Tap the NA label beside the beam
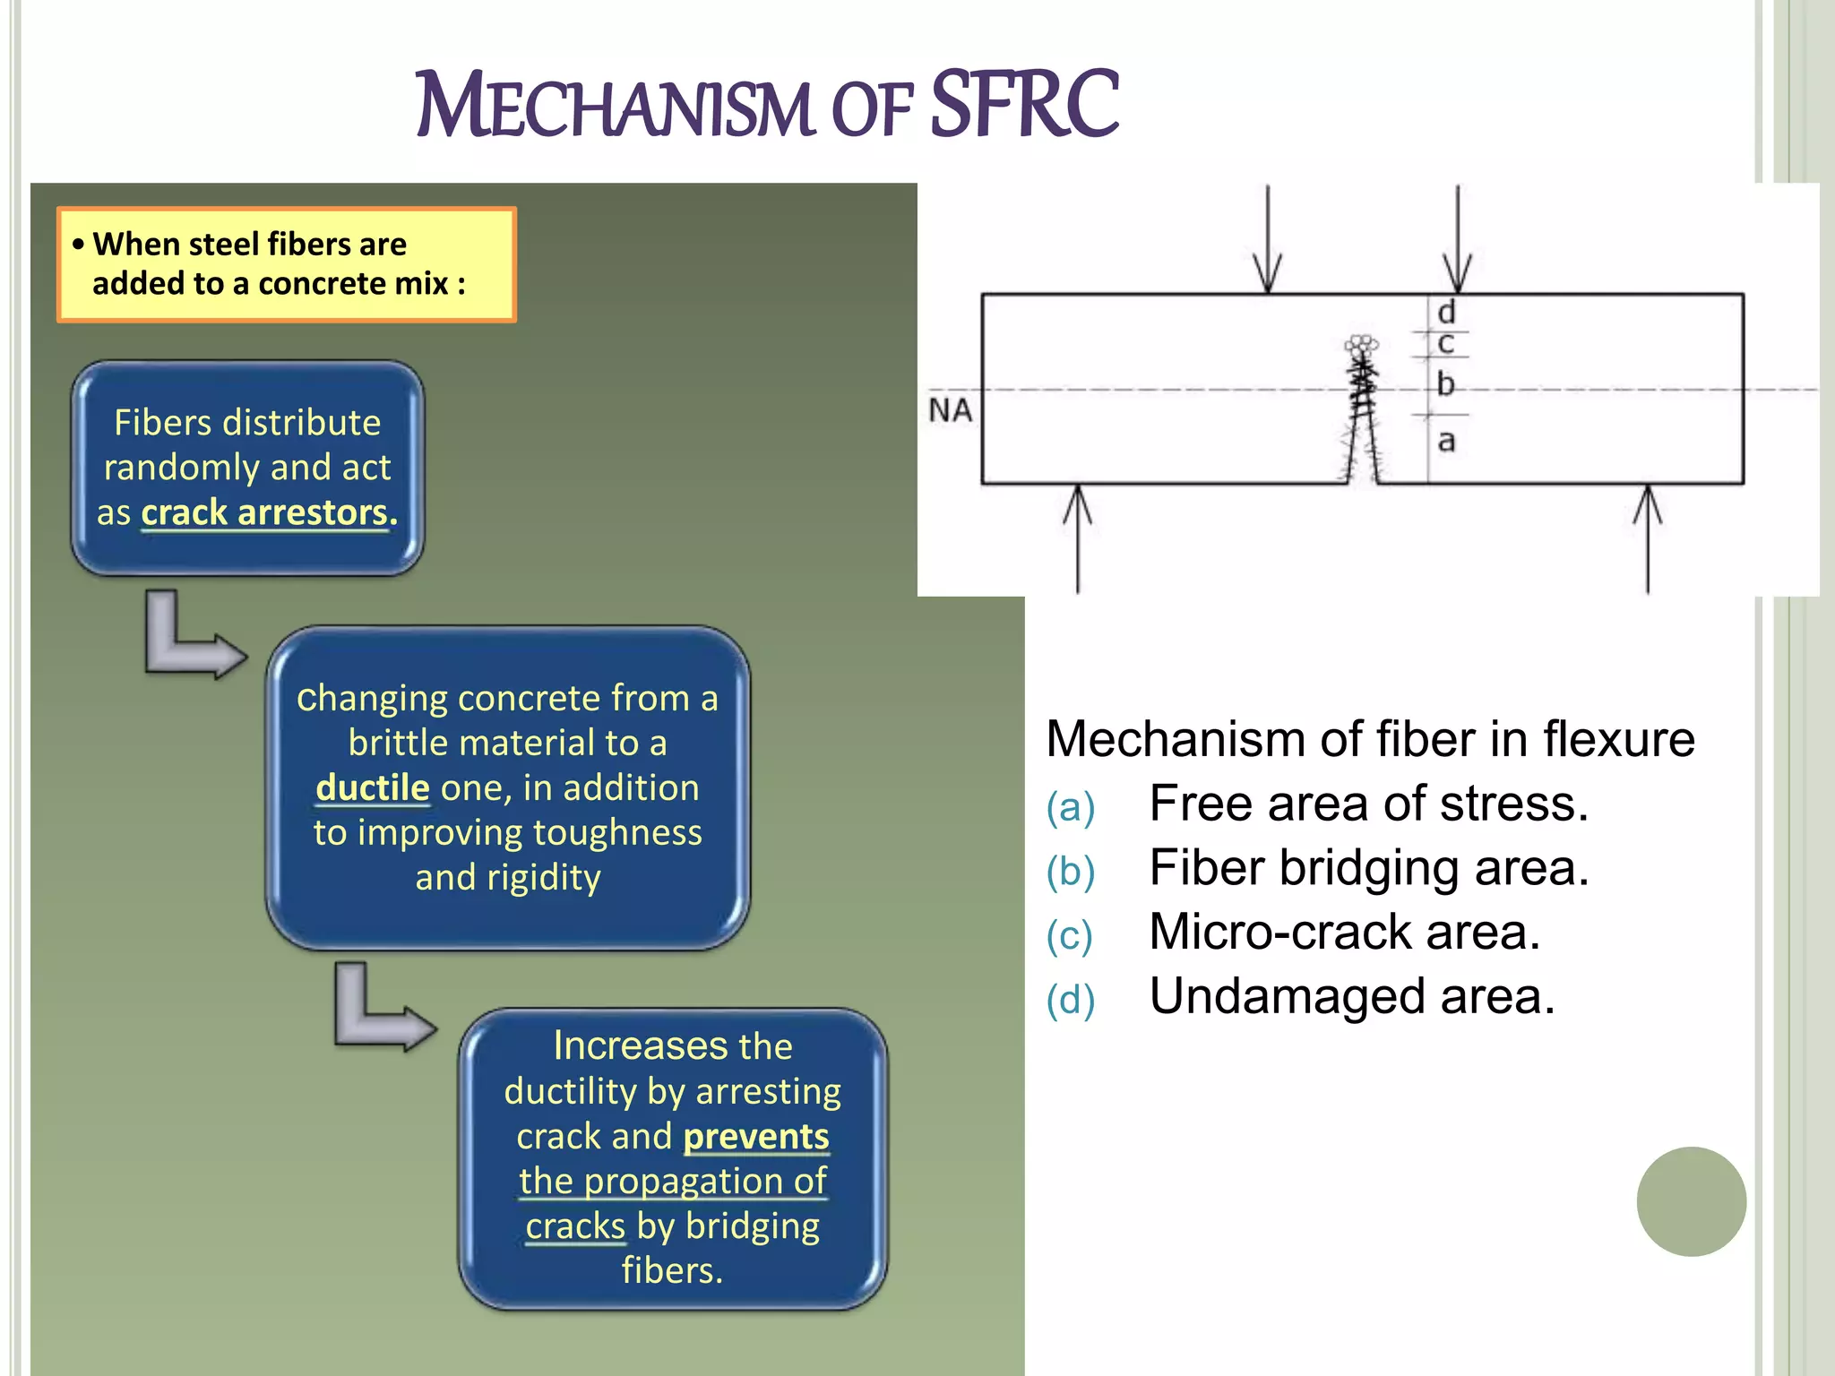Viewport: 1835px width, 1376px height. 950,410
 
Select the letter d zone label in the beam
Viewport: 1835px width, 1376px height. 1446,313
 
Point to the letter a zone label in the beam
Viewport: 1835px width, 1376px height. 1446,442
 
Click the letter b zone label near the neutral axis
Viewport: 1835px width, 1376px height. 1445,384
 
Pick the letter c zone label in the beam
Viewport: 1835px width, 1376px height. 1445,344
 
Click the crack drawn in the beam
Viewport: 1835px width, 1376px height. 1363,412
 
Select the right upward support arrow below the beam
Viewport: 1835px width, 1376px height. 1647,537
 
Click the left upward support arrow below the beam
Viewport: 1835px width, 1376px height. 1077,537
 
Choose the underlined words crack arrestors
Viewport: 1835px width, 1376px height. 269,513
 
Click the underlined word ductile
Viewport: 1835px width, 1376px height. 373,788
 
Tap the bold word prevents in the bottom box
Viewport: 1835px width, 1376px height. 756,1137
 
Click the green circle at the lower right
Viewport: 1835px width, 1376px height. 1691,1201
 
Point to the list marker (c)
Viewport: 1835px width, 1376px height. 1070,936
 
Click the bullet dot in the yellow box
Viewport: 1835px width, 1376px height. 79,245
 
